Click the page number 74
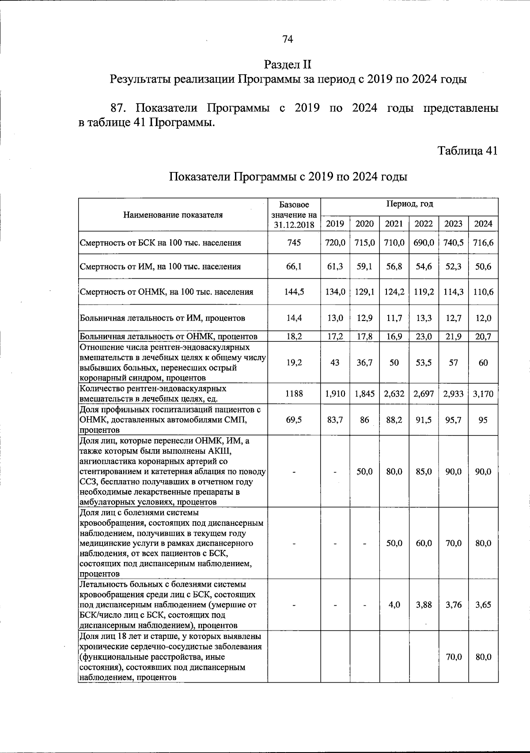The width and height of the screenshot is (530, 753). [x=288, y=39]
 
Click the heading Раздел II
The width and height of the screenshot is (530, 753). [x=288, y=65]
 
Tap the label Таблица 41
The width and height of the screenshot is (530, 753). [x=467, y=151]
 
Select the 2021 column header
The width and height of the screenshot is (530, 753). [x=394, y=223]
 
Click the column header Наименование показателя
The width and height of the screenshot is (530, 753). [x=173, y=215]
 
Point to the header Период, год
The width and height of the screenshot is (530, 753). [x=409, y=204]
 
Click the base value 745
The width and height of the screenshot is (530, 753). [x=294, y=242]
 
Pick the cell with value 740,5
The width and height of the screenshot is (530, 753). [x=453, y=242]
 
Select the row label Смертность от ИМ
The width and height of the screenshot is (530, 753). [x=160, y=267]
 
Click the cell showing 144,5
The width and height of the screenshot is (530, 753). [x=294, y=292]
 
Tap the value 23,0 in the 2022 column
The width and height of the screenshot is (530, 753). [x=424, y=336]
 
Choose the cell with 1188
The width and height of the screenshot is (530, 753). [x=294, y=393]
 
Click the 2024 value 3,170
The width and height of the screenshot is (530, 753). [x=483, y=393]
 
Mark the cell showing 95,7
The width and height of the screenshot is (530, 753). [x=453, y=420]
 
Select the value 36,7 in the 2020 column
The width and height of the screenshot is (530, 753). [x=364, y=363]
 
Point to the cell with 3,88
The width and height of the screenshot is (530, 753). [x=424, y=605]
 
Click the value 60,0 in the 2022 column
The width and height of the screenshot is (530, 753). [x=424, y=543]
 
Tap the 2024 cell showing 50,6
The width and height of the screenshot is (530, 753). [x=483, y=267]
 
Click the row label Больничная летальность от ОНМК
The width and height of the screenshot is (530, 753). [x=168, y=336]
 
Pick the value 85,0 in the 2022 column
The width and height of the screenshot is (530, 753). [x=424, y=472]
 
